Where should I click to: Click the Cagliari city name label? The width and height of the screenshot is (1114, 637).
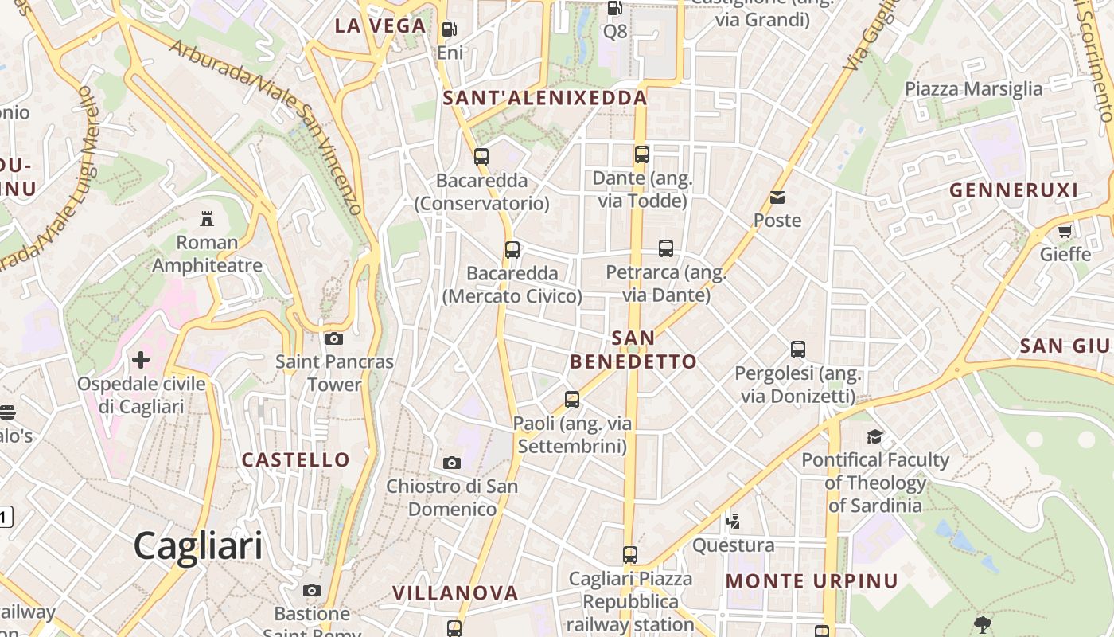click(x=197, y=546)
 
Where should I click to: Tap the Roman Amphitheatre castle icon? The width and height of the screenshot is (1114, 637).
click(x=207, y=218)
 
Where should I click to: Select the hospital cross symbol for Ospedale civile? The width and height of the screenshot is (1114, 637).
click(x=141, y=360)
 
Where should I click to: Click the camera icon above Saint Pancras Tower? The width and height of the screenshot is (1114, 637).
click(x=334, y=338)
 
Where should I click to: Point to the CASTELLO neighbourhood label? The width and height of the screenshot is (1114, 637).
click(x=295, y=459)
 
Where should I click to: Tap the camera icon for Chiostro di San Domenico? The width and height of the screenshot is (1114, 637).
click(x=451, y=463)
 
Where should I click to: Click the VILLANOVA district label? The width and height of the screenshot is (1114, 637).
click(x=455, y=593)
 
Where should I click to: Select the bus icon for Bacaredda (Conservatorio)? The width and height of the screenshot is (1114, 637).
click(x=481, y=157)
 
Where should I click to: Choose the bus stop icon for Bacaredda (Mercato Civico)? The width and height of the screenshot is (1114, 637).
click(x=512, y=250)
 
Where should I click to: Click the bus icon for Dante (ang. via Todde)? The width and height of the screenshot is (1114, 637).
click(x=641, y=154)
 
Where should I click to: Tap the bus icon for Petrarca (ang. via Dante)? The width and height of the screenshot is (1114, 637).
click(x=666, y=248)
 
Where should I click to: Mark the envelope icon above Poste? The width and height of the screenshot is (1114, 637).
click(x=777, y=197)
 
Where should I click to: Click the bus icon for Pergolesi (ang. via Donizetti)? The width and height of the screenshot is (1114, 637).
click(x=798, y=350)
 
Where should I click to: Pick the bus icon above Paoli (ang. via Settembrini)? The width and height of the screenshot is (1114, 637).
click(x=571, y=400)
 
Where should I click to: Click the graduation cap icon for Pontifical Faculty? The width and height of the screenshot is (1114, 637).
click(x=874, y=436)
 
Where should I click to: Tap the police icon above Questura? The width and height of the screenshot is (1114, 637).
click(x=733, y=522)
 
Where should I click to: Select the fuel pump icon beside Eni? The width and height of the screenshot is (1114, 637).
click(x=450, y=29)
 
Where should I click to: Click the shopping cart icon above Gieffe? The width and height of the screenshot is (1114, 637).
click(x=1065, y=231)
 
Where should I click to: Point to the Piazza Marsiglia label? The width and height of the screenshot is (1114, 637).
click(x=973, y=88)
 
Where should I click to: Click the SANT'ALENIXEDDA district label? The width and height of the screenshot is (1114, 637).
click(x=545, y=98)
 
